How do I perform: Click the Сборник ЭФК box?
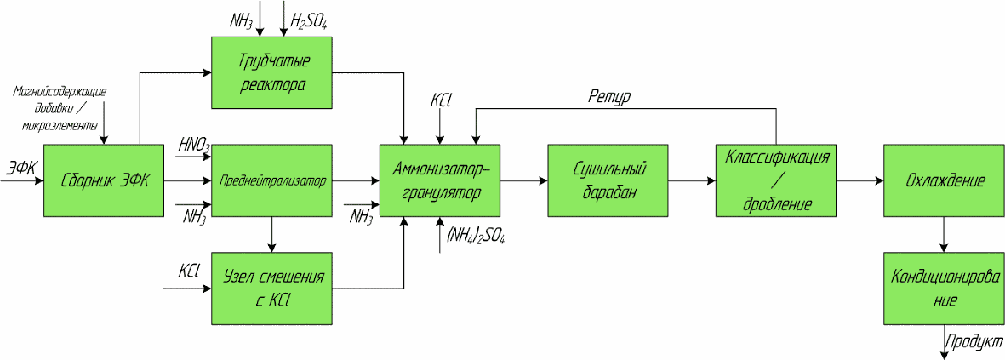(x=104, y=180)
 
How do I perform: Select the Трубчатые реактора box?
(x=271, y=72)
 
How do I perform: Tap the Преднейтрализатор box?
(x=271, y=180)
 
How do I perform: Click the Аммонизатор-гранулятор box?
(x=440, y=180)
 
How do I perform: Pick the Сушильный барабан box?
(x=608, y=180)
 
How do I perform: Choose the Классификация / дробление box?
(x=776, y=180)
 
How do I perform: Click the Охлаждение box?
(x=945, y=180)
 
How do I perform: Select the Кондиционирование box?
(x=945, y=289)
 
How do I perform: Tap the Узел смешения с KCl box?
(x=271, y=289)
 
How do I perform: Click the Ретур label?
(x=609, y=97)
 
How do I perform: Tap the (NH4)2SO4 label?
(x=474, y=239)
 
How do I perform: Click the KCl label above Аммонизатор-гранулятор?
(x=440, y=101)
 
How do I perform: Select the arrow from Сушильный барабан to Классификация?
(x=692, y=180)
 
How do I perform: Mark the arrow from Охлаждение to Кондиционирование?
(x=945, y=234)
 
